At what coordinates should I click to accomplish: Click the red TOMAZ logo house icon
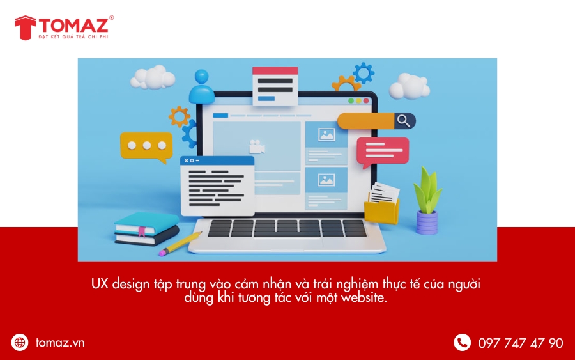[x=26, y=27]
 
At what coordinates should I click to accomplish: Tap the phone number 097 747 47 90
[x=520, y=343]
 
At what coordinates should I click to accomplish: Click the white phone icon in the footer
[x=462, y=342]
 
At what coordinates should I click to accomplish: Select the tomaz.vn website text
[x=60, y=343]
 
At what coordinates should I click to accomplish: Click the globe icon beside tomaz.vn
[x=20, y=342]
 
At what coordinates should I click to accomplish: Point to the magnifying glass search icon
[x=404, y=120]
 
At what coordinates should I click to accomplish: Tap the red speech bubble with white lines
[x=383, y=152]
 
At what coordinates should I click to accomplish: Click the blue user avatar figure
[x=201, y=86]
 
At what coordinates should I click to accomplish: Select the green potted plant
[x=427, y=200]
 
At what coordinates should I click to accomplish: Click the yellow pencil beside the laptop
[x=180, y=243]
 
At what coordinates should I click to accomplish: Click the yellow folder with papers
[x=382, y=205]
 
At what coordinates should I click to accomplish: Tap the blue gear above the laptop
[x=364, y=73]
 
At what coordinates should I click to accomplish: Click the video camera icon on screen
[x=257, y=147]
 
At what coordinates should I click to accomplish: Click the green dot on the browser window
[x=351, y=101]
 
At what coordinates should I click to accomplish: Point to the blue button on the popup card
[x=266, y=98]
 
